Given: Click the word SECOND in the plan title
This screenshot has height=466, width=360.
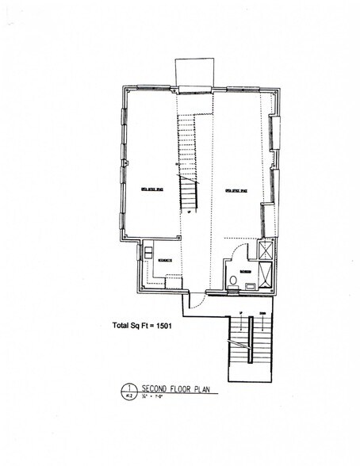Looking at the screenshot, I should coord(154,388).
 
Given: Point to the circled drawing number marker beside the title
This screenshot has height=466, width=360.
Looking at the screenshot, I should coord(127,391).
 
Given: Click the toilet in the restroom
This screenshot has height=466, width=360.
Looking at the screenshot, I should coord(232,281).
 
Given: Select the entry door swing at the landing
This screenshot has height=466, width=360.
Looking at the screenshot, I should coord(195,302).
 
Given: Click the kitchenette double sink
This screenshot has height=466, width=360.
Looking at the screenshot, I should coord(148,251).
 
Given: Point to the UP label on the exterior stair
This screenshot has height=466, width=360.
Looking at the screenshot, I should coord(239,313).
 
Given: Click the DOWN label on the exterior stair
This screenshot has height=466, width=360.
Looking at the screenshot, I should coord(262,313).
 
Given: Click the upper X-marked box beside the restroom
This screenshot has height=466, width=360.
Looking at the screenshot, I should coord(265,252).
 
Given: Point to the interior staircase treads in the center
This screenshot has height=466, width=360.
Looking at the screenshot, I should coord(187,159).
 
